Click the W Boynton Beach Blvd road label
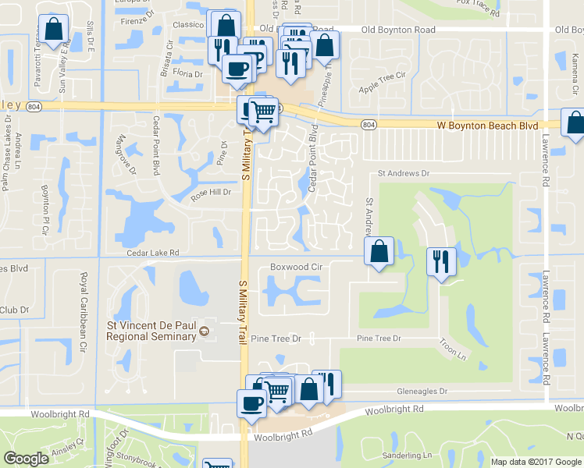coord(487,125)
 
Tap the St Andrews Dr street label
coord(404,173)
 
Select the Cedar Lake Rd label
coord(154,253)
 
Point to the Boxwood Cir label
coord(296,267)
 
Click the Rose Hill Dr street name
coord(212,194)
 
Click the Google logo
coord(27,459)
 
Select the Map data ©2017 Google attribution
coord(536,462)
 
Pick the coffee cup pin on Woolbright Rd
coord(252,404)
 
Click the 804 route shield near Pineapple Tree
coord(369,125)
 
